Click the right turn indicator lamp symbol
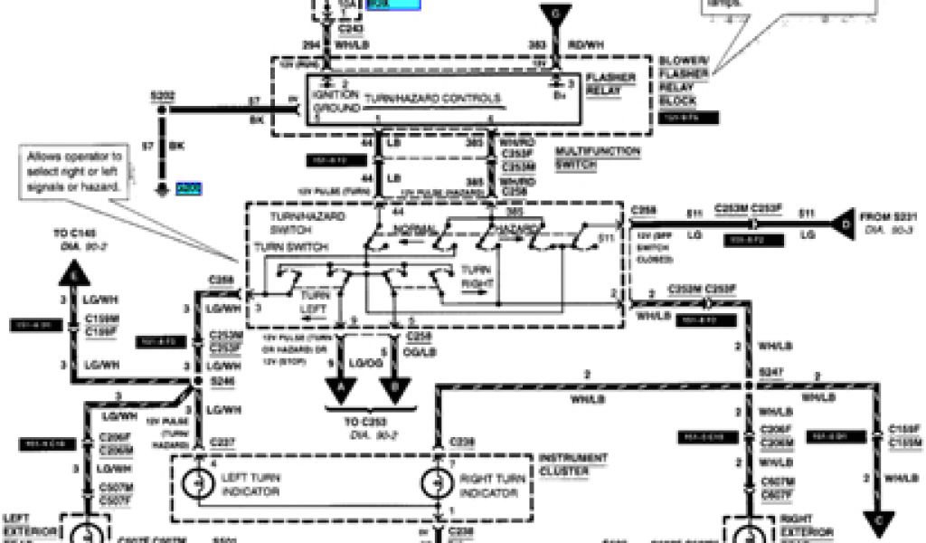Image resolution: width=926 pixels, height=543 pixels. [437, 483]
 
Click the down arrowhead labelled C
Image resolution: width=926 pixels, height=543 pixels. [875, 522]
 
